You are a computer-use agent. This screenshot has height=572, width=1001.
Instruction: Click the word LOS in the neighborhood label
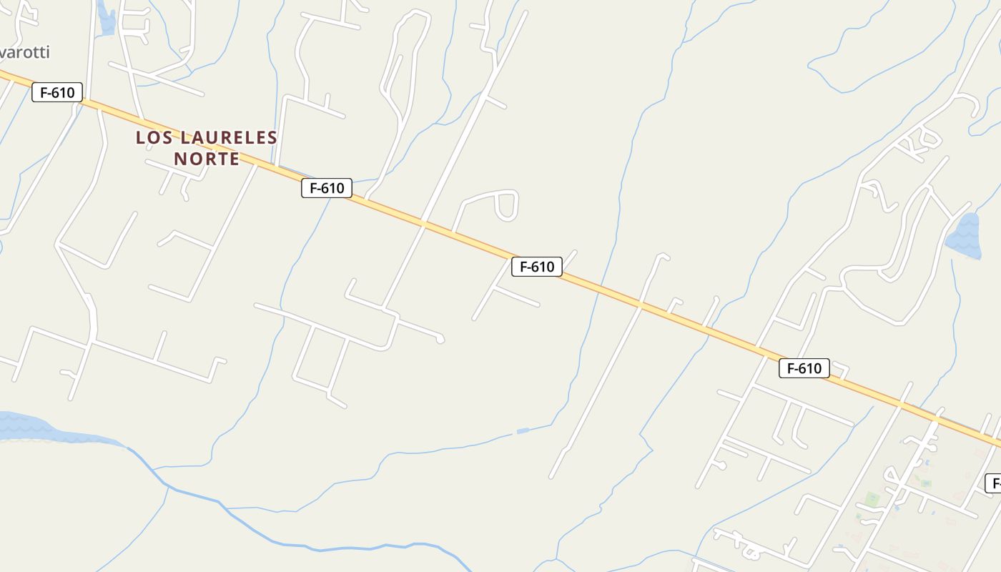tap(154, 137)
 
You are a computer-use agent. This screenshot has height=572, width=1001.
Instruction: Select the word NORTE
tap(207, 159)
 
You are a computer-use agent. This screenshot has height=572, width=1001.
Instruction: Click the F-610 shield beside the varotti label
tap(57, 92)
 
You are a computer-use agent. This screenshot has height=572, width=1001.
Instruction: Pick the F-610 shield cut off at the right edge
tap(993, 483)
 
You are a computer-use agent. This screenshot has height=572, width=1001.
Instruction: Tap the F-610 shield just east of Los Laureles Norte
tap(327, 188)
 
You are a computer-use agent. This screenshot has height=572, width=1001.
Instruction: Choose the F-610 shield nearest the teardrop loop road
tap(537, 267)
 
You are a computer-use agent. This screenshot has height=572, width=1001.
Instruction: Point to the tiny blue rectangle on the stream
tap(523, 430)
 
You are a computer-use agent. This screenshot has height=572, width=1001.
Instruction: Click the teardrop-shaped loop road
tap(507, 205)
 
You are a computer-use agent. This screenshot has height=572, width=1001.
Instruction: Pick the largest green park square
tap(872, 498)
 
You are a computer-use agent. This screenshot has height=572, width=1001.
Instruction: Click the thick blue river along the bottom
tap(322, 547)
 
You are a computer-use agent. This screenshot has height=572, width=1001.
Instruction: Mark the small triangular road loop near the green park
tap(892, 474)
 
